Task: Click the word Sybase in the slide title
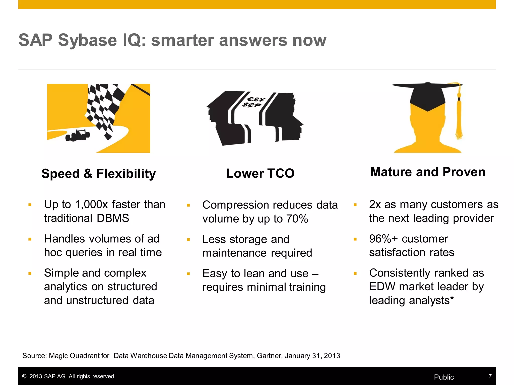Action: [x=87, y=40]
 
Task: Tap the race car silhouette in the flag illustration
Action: [x=78, y=135]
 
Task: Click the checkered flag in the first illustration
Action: [x=105, y=108]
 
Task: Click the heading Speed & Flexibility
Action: [x=99, y=173]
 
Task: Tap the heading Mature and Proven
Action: [x=428, y=172]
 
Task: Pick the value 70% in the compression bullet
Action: [x=297, y=219]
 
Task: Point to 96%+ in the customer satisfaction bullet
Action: [x=383, y=239]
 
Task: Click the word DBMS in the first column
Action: [x=113, y=218]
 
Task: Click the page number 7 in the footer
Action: [x=490, y=376]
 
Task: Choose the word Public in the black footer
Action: [x=444, y=377]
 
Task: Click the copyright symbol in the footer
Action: [x=24, y=376]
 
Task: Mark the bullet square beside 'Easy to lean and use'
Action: [x=188, y=274]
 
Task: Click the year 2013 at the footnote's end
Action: [x=332, y=356]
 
